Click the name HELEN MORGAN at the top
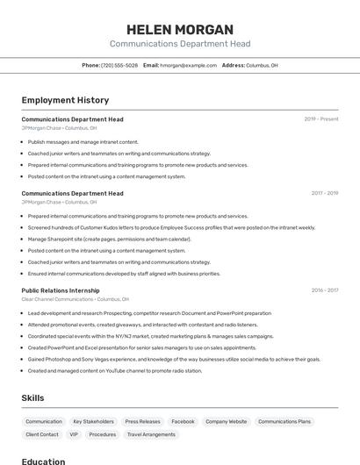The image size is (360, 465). (x=179, y=29)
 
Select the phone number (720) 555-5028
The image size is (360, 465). (x=119, y=65)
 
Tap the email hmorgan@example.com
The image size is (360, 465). (x=188, y=65)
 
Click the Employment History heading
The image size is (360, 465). (x=65, y=100)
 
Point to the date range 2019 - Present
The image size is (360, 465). (x=320, y=118)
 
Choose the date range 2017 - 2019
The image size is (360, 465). (x=324, y=193)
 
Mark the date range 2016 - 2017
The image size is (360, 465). (x=324, y=290)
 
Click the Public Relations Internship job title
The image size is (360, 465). (x=61, y=290)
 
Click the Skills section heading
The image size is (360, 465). (x=32, y=397)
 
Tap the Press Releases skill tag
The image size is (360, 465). (x=142, y=421)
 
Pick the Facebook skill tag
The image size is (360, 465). (x=183, y=421)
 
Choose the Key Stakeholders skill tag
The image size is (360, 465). (x=93, y=421)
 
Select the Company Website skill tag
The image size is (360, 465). (x=226, y=421)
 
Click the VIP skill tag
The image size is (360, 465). (x=74, y=434)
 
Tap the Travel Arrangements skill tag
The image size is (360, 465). (x=151, y=434)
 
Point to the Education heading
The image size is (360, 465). (x=43, y=461)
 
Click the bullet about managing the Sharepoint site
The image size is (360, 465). (x=109, y=239)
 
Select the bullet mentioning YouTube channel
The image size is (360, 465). (x=114, y=370)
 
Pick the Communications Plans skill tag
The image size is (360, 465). (x=284, y=421)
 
